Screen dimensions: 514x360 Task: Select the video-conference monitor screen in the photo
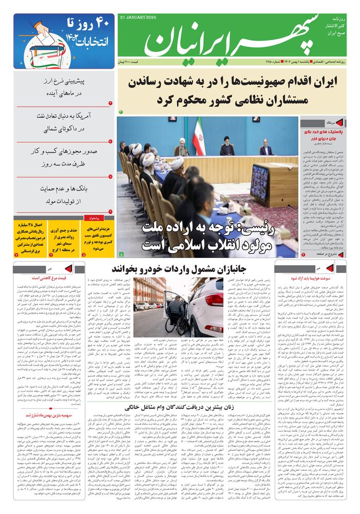coord(260,183)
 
